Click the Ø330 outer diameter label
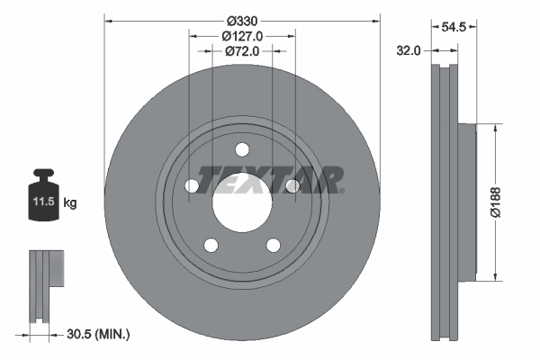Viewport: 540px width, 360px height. (241, 21)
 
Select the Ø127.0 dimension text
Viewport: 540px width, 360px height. (241, 36)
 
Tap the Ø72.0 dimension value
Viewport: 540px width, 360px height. (241, 51)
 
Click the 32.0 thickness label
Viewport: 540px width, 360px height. (409, 51)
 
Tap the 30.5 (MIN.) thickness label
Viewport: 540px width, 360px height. (99, 335)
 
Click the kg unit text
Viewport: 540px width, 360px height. (70, 203)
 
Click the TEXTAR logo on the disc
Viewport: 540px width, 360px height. (269, 180)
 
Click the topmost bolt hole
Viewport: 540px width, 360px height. (241, 149)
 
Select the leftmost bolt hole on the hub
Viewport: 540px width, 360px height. (192, 185)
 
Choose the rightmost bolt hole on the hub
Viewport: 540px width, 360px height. (292, 185)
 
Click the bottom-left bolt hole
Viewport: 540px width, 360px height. (211, 244)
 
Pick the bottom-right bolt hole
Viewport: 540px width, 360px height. (273, 244)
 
